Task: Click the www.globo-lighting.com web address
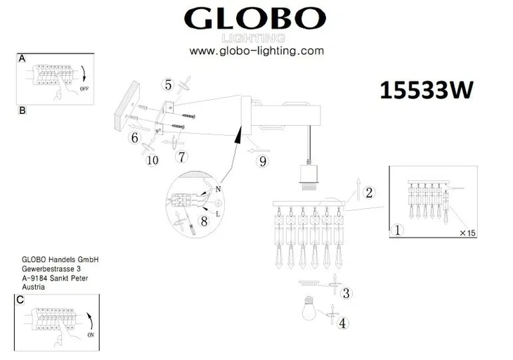tap(256, 51)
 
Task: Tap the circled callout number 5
tap(168, 86)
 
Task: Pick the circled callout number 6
tap(134, 138)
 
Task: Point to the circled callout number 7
tap(181, 156)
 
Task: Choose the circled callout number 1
tap(398, 230)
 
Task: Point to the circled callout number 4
tap(342, 324)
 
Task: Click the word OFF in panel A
tap(84, 89)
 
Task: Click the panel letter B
tap(22, 111)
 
